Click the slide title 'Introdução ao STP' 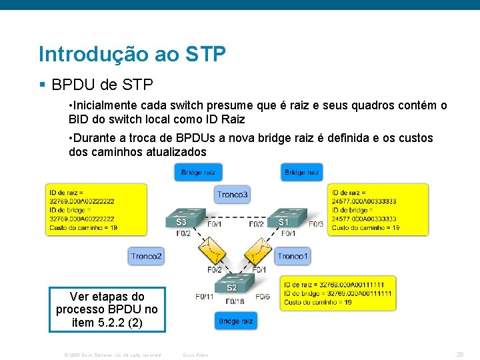(x=132, y=53)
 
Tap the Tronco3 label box (x=233, y=195)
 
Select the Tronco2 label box (x=146, y=256)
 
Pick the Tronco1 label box (x=293, y=256)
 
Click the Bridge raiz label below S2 (x=235, y=321)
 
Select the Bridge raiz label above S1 (x=302, y=172)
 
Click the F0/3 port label (x=315, y=224)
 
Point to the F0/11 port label (x=205, y=296)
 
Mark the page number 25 (x=459, y=354)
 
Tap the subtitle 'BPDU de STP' (x=102, y=85)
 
